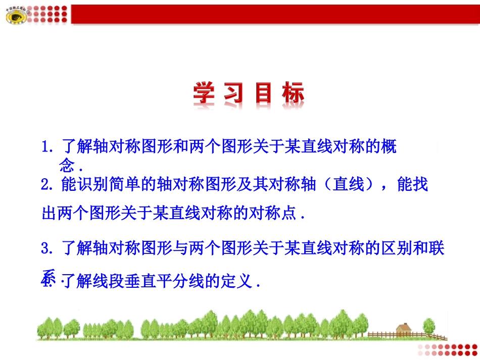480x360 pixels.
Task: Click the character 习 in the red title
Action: pos(235,94)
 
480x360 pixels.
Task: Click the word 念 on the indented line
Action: pos(67,166)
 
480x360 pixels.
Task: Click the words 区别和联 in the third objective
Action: pos(412,248)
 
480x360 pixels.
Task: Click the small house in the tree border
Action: pos(404,330)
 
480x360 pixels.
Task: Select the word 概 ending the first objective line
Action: pos(390,148)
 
